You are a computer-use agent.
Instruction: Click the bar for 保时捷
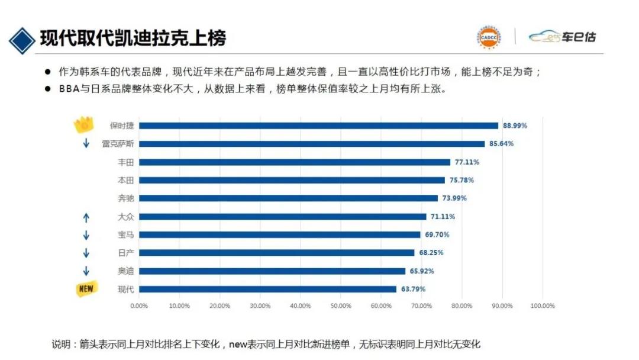318,126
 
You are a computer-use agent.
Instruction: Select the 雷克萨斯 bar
312,144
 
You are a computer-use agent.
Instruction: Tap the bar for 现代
267,289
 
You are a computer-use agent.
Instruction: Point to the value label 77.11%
467,162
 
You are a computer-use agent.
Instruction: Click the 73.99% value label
454,198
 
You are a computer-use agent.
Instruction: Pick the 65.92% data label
421,271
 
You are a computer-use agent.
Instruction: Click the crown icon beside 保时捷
85,124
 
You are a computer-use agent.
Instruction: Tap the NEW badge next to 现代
86,289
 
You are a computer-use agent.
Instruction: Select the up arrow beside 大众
86,217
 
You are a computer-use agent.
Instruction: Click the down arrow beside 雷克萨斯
86,144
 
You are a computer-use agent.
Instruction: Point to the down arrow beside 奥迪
86,271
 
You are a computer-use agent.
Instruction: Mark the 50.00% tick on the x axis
341,306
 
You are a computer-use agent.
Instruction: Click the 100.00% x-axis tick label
543,306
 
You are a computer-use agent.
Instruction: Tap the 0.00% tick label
139,306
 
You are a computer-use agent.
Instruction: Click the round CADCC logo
489,37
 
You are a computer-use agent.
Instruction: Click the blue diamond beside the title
21,39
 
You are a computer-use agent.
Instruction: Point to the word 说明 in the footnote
61,344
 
